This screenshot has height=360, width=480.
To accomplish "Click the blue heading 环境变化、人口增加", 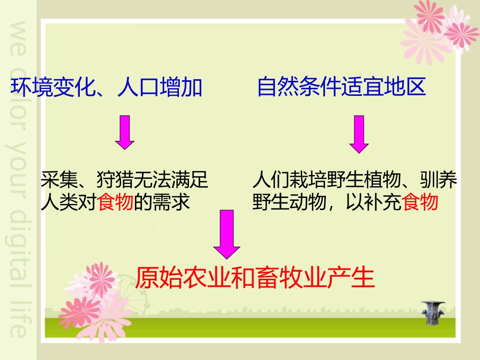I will pos(107,87).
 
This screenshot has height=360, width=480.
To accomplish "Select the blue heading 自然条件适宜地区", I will pos(342,87).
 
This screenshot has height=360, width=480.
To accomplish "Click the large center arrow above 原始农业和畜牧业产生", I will pos(226,235).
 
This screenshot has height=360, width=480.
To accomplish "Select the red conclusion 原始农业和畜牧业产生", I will pos(255,277).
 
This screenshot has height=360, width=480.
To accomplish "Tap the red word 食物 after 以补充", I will pos(420,202).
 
